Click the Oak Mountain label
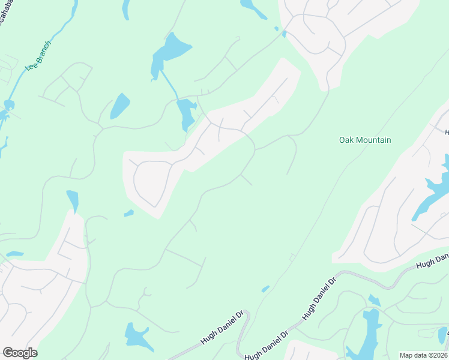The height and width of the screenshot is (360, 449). click(x=365, y=140)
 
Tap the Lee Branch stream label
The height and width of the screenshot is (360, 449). click(x=38, y=55)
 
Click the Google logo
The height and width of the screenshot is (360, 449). click(x=20, y=353)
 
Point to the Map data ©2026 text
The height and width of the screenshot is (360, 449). click(x=424, y=355)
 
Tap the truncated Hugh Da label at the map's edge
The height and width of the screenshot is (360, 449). click(x=433, y=261)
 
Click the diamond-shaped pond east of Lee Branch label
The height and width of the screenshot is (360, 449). click(x=119, y=106)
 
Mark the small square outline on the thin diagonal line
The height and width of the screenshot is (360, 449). click(x=292, y=257)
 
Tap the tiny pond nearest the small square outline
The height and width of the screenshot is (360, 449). click(x=265, y=289)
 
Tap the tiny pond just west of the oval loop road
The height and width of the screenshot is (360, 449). click(x=128, y=213)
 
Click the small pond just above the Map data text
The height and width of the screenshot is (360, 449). click(x=443, y=335)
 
